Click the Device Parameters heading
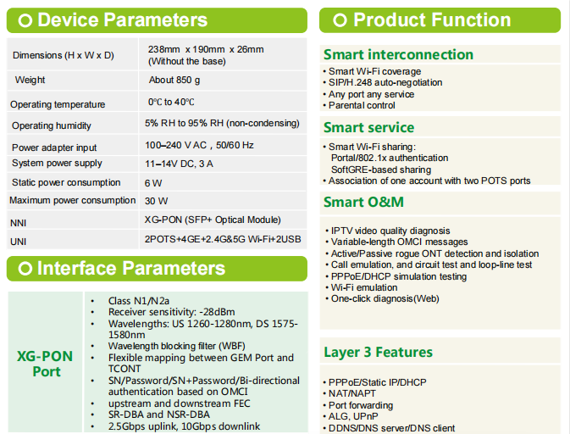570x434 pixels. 123,20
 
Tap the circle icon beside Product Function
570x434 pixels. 340,20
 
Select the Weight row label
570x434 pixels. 30,80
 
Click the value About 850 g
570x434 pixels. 174,80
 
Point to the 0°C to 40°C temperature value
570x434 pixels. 171,102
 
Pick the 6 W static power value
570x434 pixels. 153,183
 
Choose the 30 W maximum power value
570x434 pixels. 157,201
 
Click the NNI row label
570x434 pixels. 18,223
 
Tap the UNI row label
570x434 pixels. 18,242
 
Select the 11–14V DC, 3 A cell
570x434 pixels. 180,164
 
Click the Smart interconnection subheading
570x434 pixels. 398,54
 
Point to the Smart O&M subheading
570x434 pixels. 363,202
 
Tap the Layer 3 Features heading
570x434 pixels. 378,352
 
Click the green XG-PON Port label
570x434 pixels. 45,364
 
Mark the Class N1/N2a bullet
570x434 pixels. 139,301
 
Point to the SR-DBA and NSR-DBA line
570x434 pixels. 159,415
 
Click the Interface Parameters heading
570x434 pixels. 131,269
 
